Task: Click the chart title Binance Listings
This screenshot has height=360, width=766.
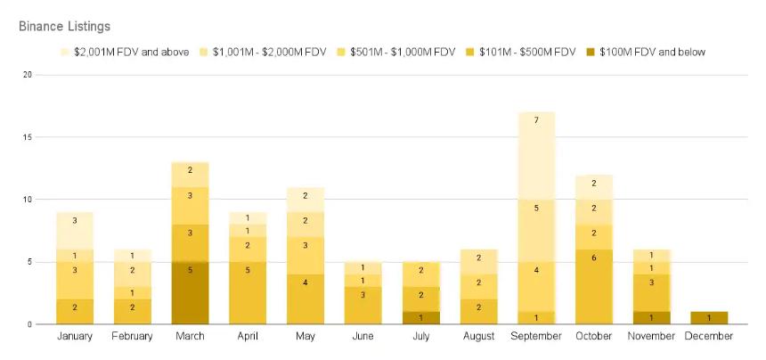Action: pos(64,27)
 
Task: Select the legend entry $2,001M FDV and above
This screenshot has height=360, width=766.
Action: pos(130,52)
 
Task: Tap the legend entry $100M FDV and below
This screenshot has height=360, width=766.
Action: pos(651,52)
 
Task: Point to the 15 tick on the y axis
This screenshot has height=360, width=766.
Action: pos(27,137)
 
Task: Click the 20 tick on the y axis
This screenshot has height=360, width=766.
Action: pos(27,75)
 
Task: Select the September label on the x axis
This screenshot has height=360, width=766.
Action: pos(536,336)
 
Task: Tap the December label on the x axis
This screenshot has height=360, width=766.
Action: pos(709,336)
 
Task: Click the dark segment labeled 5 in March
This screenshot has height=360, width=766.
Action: pos(190,293)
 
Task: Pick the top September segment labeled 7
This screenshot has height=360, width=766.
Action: pos(536,120)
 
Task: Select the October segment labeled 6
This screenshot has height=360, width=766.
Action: pos(593,282)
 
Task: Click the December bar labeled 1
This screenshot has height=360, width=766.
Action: pos(709,318)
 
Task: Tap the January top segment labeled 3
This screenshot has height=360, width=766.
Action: pos(75,220)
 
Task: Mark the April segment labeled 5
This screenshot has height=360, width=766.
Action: pos(248,293)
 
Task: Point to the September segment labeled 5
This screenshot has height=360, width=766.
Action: pos(536,208)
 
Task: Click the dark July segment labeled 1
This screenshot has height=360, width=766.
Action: pos(420,318)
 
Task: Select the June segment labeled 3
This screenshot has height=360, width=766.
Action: pos(363,294)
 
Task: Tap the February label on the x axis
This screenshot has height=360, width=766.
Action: pos(132,336)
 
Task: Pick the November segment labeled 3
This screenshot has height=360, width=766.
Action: pos(651,282)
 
